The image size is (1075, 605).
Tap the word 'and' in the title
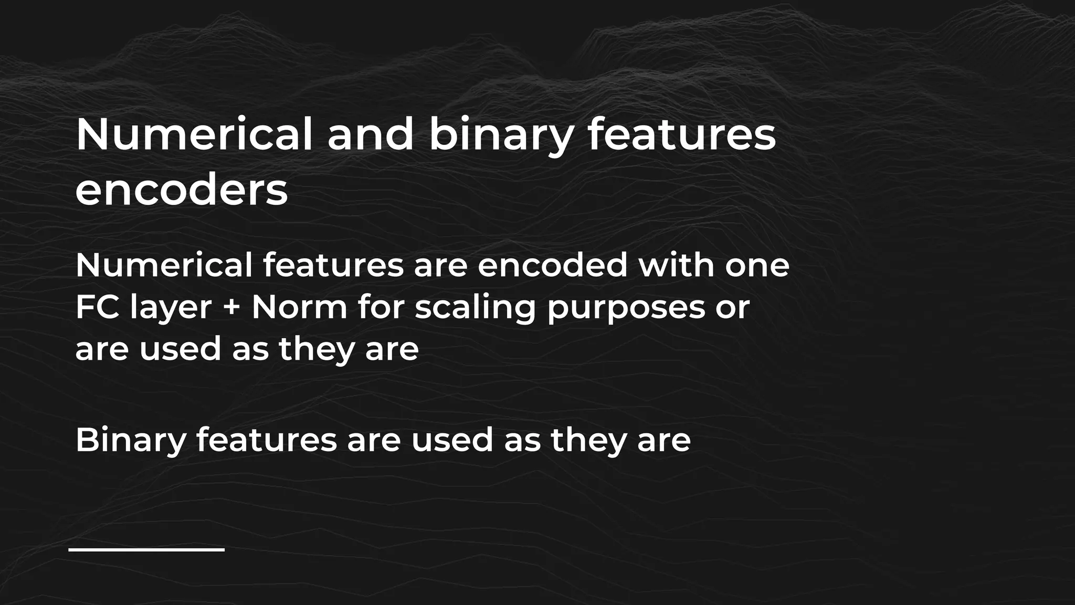(x=371, y=134)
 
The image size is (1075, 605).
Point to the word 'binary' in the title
(x=501, y=135)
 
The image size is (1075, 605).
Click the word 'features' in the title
(x=681, y=134)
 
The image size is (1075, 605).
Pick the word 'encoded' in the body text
(x=553, y=265)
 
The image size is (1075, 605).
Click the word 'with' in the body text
(x=676, y=265)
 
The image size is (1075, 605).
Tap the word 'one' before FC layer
(x=757, y=266)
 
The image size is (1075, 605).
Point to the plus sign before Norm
(x=231, y=308)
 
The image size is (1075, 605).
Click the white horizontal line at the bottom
(x=146, y=550)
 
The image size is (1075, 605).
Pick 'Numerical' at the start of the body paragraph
(x=164, y=265)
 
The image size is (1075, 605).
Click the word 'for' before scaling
(x=381, y=307)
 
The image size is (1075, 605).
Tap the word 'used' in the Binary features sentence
(x=452, y=440)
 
